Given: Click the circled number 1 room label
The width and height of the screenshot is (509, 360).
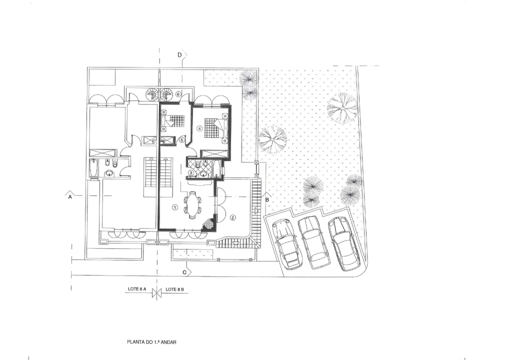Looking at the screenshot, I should [175, 207].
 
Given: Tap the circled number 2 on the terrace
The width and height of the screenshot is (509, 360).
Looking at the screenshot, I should [232, 217].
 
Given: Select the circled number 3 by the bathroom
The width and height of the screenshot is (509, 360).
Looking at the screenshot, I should [191, 172].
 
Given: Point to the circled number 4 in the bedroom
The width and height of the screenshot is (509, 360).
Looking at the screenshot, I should [199, 128].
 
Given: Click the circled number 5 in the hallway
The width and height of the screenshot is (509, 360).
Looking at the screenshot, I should [181, 140].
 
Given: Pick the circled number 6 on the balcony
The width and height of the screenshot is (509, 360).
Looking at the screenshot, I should [178, 93].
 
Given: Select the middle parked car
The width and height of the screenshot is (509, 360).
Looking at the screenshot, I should [312, 242].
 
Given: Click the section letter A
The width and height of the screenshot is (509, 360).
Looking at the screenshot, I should [70, 197].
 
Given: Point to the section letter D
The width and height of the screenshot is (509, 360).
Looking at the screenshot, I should [179, 55].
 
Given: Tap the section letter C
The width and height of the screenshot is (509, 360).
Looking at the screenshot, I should [185, 272].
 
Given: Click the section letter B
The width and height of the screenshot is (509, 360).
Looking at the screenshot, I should [267, 199].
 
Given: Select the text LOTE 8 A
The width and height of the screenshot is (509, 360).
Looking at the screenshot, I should [136, 289].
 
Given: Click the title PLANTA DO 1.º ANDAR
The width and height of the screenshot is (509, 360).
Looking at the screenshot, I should [152, 342].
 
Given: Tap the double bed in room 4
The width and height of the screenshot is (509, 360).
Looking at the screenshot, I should [215, 128].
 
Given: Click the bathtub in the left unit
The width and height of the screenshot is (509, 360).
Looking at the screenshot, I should [93, 169].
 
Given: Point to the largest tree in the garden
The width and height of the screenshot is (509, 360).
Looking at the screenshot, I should [342, 107].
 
